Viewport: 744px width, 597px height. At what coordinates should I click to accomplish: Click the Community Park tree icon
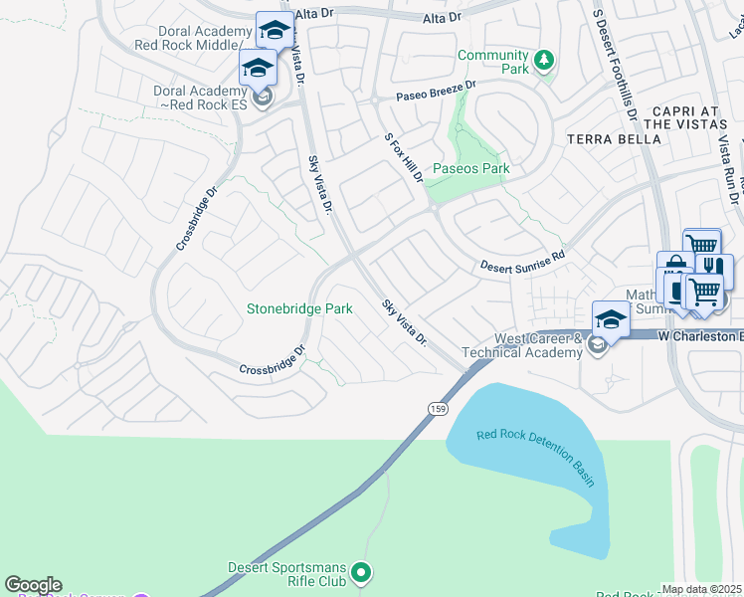coord(543,62)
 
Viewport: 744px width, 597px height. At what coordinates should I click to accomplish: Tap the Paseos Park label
coord(470,168)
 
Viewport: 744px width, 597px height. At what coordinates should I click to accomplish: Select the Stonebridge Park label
coord(299,309)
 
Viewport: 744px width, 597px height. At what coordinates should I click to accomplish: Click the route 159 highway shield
coord(437,409)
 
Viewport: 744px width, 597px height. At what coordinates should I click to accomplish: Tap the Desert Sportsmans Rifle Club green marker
coord(362,572)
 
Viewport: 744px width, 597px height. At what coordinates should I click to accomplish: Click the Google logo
coord(33,585)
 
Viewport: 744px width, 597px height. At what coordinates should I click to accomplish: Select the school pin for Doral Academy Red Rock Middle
coord(275,30)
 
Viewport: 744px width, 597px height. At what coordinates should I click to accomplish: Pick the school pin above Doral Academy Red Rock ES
coord(257,68)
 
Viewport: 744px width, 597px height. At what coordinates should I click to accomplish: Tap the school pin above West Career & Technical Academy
coord(611,318)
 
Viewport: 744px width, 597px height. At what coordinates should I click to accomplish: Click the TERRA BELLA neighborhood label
coord(614,139)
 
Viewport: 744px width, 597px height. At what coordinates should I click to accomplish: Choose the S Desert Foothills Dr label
coord(615,60)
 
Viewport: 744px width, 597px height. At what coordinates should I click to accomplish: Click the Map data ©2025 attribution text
coord(701,589)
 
